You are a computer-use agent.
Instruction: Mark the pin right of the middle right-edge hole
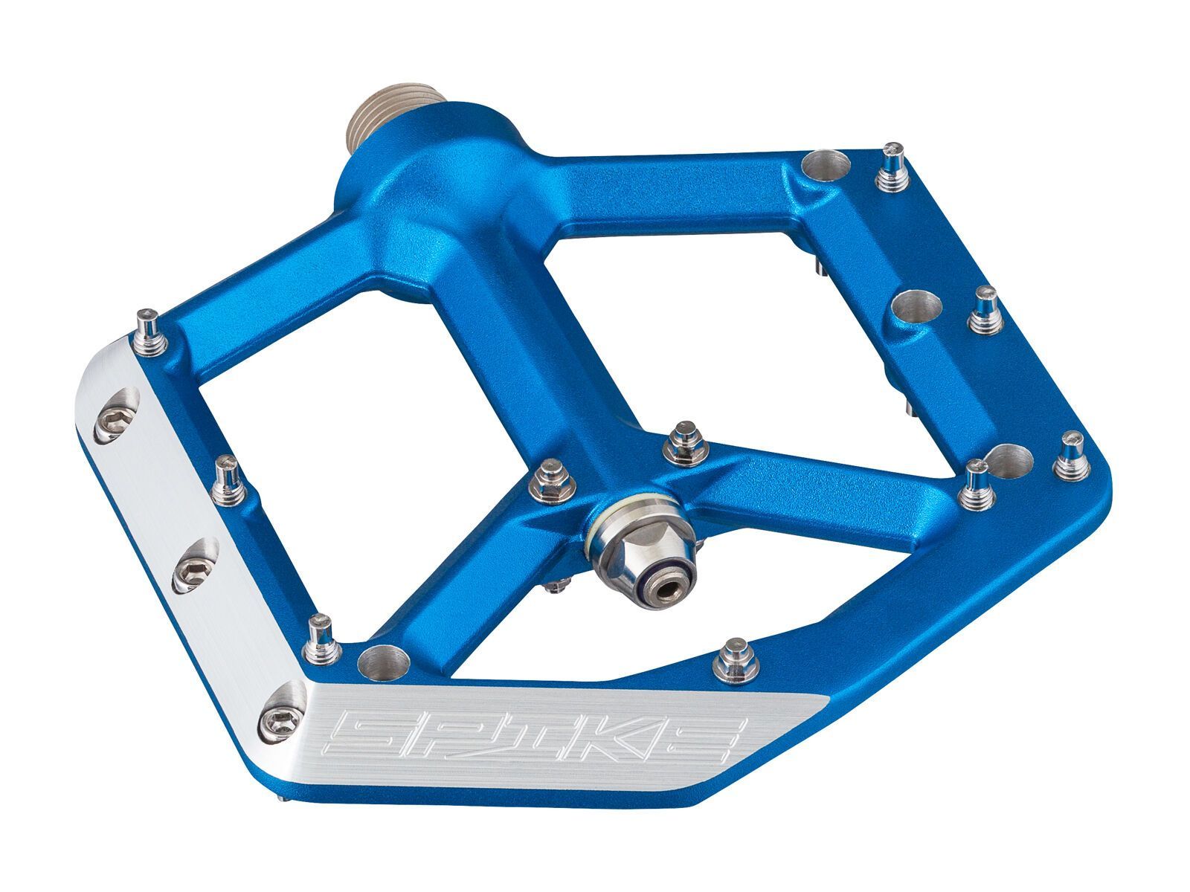coord(985,309)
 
